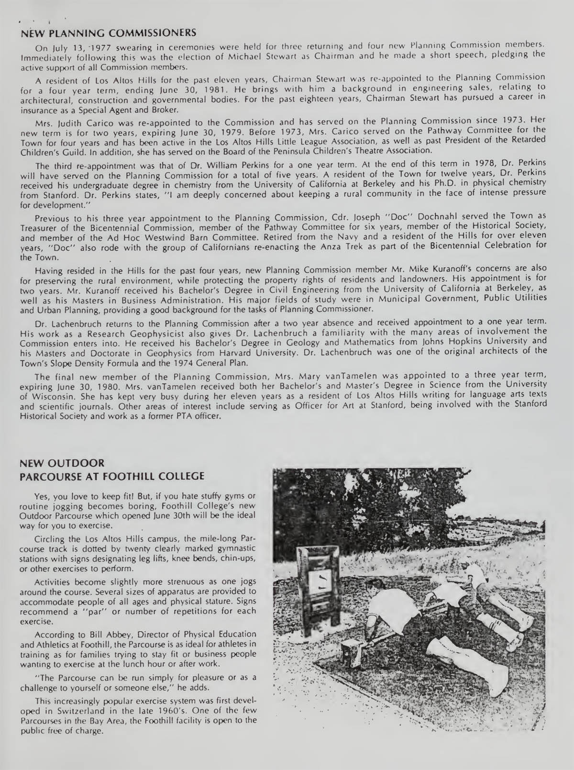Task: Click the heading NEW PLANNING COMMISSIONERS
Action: [x=109, y=33]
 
